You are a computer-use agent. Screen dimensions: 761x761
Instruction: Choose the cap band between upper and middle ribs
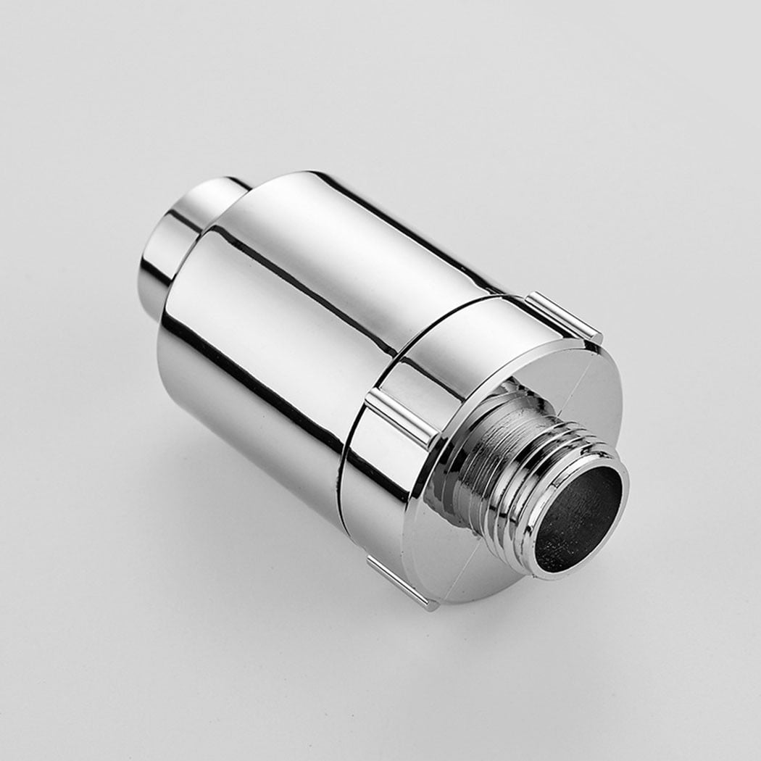point(464,341)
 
